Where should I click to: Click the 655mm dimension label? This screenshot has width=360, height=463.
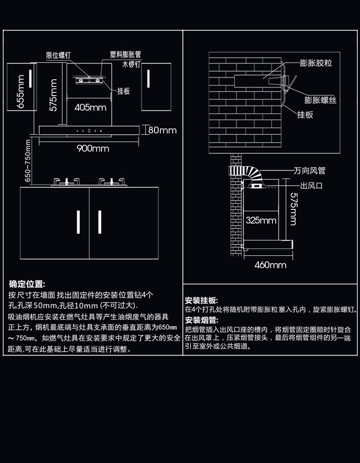[x=21, y=92]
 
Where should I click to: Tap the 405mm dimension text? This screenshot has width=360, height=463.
[x=90, y=107]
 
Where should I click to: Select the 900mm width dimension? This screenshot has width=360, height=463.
[x=93, y=148]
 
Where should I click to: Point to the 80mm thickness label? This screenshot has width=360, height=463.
[x=162, y=130]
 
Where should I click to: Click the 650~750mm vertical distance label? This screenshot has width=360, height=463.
[x=27, y=161]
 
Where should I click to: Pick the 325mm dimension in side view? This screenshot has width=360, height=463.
[x=261, y=220]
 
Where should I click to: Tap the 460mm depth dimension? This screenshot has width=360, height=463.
[x=270, y=265]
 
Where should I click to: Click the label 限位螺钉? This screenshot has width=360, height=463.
[x=58, y=55]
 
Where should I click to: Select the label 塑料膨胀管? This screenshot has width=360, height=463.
[x=126, y=54]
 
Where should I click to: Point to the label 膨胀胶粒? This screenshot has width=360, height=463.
[x=316, y=63]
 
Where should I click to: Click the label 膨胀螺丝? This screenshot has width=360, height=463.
[x=320, y=100]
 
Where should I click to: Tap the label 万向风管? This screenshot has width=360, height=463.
[x=310, y=170]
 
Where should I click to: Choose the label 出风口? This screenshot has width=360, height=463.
[x=311, y=186]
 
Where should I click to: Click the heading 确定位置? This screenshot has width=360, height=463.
[x=27, y=284]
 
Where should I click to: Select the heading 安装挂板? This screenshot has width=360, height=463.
[x=201, y=300]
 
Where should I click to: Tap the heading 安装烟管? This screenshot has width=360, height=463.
[x=201, y=320]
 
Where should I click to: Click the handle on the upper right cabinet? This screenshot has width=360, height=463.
[x=149, y=79]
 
